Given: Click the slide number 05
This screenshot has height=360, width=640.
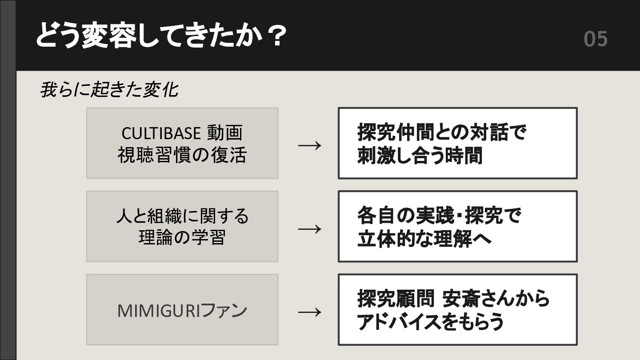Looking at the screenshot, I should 595,39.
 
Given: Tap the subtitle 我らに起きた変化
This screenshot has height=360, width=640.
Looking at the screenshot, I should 109,90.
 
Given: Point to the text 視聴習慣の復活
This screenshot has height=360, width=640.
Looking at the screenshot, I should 182,155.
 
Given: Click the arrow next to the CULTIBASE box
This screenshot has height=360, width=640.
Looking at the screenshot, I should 309,145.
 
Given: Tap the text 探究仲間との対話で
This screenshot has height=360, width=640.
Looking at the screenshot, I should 442,132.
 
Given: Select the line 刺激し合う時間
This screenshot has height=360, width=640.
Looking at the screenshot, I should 420,156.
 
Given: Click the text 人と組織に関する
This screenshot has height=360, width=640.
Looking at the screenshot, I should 182,216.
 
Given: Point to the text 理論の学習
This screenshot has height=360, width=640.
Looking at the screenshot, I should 182,238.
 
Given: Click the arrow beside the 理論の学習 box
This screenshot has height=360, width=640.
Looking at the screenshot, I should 309,228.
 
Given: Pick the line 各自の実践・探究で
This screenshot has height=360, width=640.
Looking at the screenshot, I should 439,216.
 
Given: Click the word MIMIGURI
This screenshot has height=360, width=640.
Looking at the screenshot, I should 159,311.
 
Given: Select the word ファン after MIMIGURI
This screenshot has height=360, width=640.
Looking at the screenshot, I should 224,311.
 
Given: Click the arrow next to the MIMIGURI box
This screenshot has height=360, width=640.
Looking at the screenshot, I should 309,312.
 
